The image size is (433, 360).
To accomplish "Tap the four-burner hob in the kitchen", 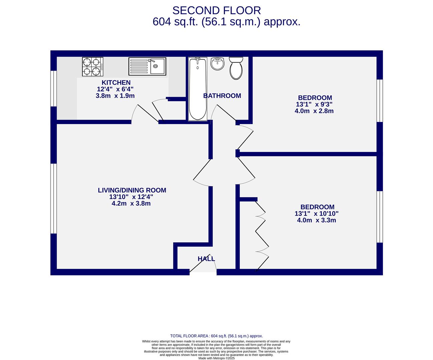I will (x=92, y=66).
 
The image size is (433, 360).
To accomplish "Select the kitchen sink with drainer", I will (x=147, y=66).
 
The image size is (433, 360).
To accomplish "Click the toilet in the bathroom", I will (x=236, y=68).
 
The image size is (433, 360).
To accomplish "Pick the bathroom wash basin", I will (x=218, y=64).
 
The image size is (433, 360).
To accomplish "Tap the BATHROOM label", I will (x=222, y=96).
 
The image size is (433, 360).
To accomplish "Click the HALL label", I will (x=206, y=259).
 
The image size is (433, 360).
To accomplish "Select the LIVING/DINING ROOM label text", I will (x=132, y=190).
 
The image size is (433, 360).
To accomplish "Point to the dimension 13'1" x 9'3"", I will (x=314, y=104).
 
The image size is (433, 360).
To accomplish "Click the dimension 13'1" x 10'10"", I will (x=316, y=213).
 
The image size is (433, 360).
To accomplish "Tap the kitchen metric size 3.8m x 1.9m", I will (x=115, y=96).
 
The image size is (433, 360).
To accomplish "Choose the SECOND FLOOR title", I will (x=217, y=10).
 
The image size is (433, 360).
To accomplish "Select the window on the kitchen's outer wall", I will (x=53, y=89).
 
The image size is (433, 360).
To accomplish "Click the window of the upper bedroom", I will (x=380, y=101).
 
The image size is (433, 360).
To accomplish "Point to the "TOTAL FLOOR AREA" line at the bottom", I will (x=217, y=336).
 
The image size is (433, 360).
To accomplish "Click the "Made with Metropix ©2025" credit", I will (x=217, y=358).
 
